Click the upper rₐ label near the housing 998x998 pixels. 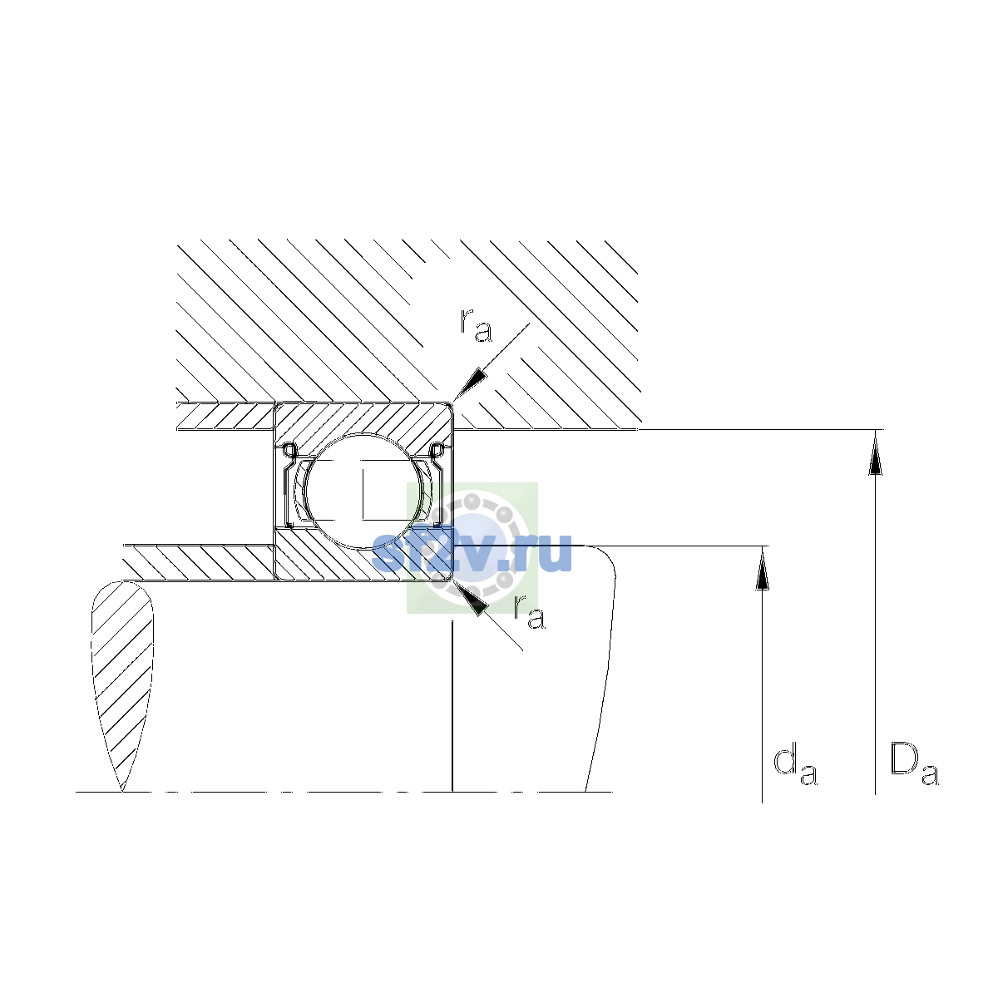476,325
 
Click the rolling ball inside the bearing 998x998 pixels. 364,491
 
